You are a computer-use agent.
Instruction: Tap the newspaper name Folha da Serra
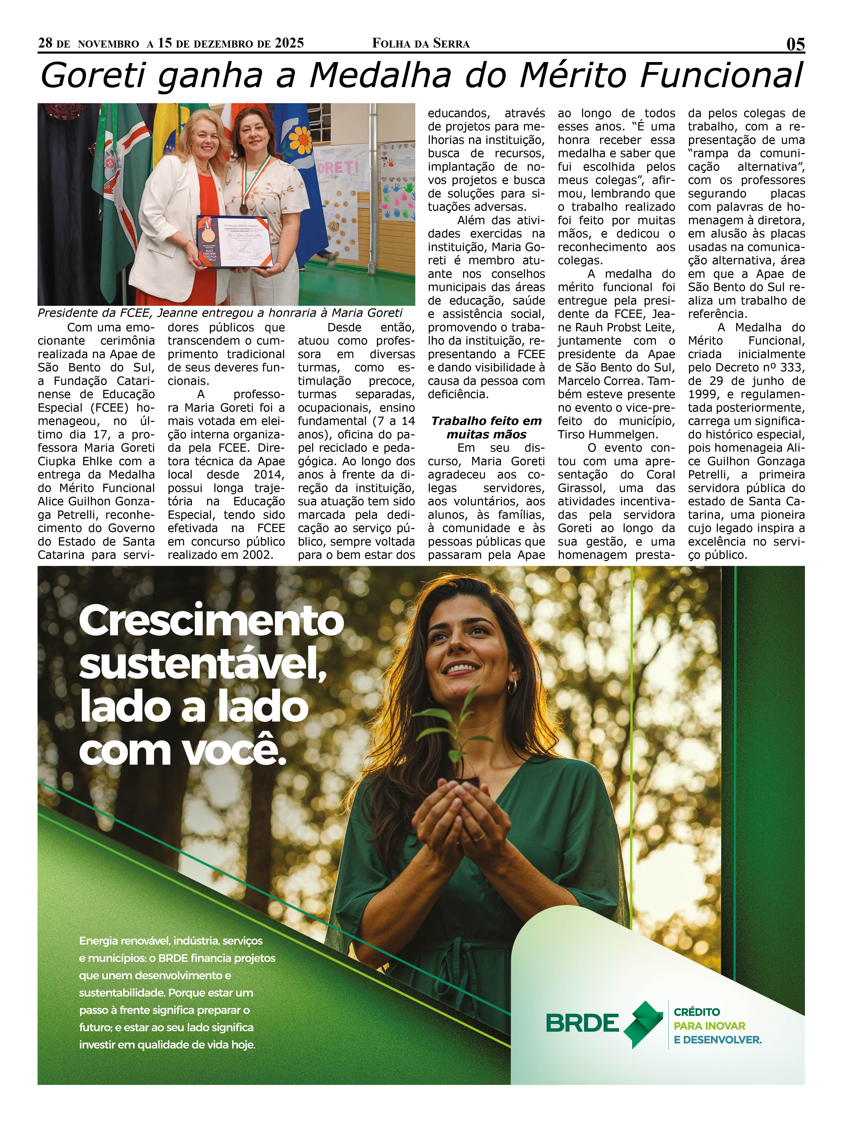421,44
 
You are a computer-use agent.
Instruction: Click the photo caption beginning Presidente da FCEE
219,313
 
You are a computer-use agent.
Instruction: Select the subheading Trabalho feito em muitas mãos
486,427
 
